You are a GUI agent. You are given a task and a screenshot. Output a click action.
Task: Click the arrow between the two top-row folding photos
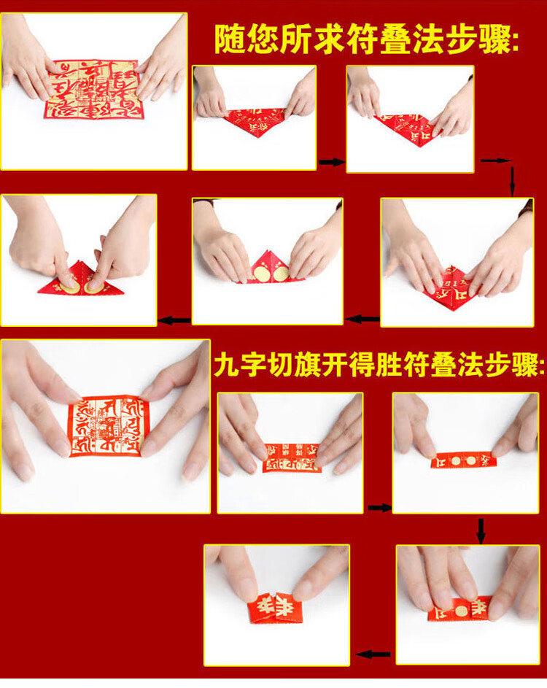pos(330,161)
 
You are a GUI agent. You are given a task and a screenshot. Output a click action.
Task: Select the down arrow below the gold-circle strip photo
pos(481,530)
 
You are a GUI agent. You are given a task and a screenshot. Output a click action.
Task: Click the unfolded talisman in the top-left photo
pos(93,89)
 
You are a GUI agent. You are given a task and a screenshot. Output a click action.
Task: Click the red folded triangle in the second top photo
pos(255,121)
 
